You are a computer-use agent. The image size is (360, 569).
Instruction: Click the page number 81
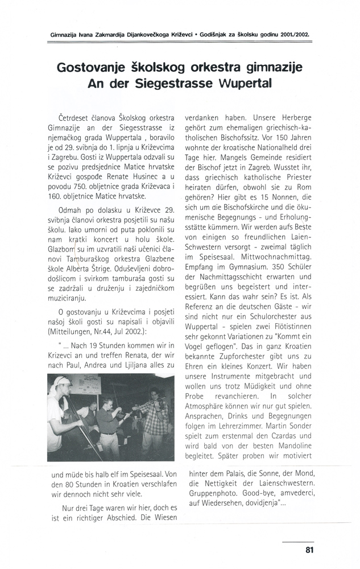click(309, 549)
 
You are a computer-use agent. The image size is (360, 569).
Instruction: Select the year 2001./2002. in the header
click(295, 34)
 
